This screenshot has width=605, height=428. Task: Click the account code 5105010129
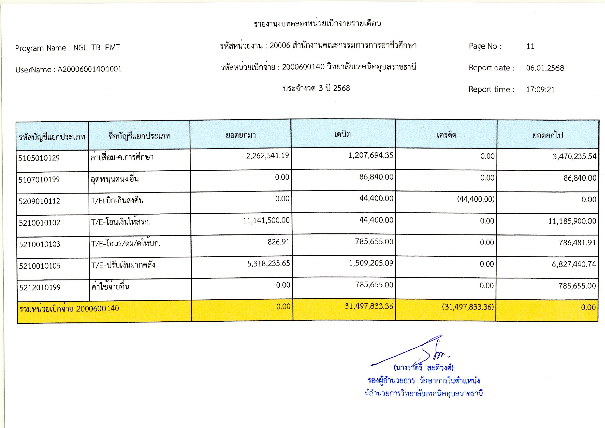click(x=39, y=158)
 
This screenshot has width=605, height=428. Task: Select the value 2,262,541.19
click(x=267, y=156)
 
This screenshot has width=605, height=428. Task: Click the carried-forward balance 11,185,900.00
click(x=572, y=221)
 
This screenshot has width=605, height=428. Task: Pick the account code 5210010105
click(x=40, y=266)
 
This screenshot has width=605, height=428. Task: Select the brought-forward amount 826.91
click(x=278, y=242)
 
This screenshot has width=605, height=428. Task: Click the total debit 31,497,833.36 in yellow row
click(x=369, y=306)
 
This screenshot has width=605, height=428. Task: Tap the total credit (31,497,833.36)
click(x=468, y=307)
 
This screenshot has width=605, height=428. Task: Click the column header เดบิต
click(x=342, y=134)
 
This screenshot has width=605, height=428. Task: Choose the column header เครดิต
click(x=446, y=135)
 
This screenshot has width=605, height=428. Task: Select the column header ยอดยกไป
click(x=548, y=135)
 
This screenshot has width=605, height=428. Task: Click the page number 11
click(x=530, y=47)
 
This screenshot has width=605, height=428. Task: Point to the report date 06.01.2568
click(x=545, y=68)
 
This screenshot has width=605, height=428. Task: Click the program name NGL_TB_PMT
click(x=97, y=48)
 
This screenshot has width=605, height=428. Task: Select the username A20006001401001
click(x=89, y=69)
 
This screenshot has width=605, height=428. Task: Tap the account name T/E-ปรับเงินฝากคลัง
click(x=123, y=265)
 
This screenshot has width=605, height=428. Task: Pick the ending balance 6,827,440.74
click(x=574, y=264)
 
